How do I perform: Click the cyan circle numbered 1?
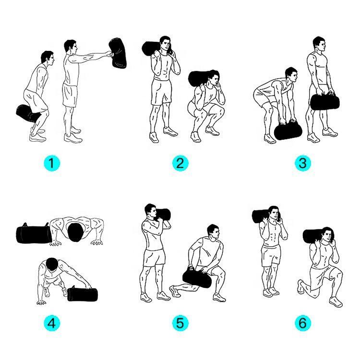[52, 163]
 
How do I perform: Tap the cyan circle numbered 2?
[180, 163]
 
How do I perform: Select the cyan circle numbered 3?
[303, 163]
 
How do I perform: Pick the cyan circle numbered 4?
[52, 323]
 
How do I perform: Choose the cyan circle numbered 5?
[180, 323]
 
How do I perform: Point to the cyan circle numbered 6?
[303, 323]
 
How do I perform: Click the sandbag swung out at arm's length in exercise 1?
[118, 53]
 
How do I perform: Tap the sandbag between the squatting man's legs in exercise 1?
[27, 113]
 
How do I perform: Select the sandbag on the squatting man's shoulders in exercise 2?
[199, 78]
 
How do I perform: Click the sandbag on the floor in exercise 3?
[288, 131]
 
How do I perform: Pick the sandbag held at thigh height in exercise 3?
[324, 101]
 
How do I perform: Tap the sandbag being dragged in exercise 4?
[83, 294]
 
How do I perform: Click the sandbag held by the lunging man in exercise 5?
[197, 278]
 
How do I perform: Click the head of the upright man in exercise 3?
[319, 44]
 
